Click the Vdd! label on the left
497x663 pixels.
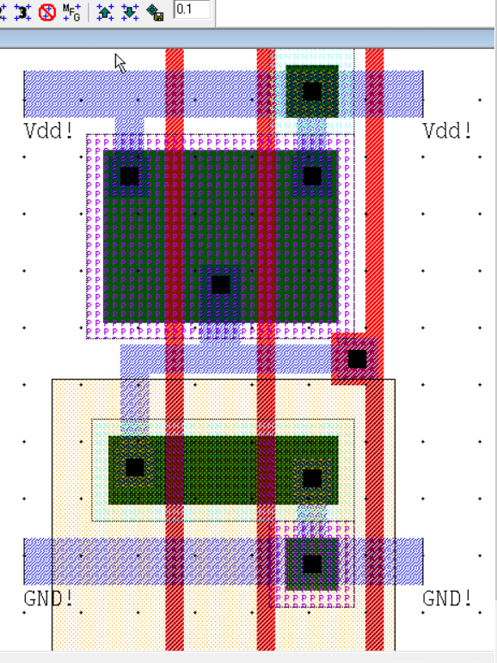[x=48, y=130]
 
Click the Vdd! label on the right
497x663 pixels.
[x=447, y=130]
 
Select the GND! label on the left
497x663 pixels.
[x=48, y=598]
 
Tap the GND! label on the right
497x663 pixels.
[x=447, y=598]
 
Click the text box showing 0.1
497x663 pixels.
[x=192, y=9]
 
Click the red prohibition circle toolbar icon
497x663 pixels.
[x=47, y=12]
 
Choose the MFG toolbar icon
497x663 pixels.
[x=71, y=12]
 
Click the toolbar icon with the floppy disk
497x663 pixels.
[x=155, y=12]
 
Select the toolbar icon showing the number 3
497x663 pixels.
[x=22, y=12]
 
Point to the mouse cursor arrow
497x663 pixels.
[x=120, y=64]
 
